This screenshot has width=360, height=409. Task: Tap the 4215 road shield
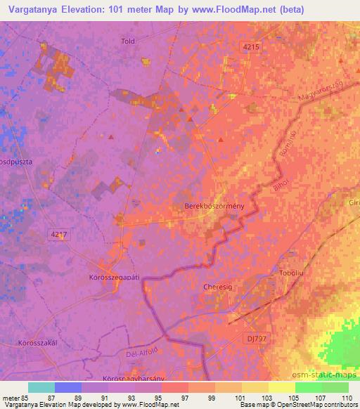click(x=250, y=46)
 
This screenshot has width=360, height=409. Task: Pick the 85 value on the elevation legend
click(x=27, y=398)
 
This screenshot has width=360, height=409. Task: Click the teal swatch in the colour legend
click(x=41, y=387)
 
